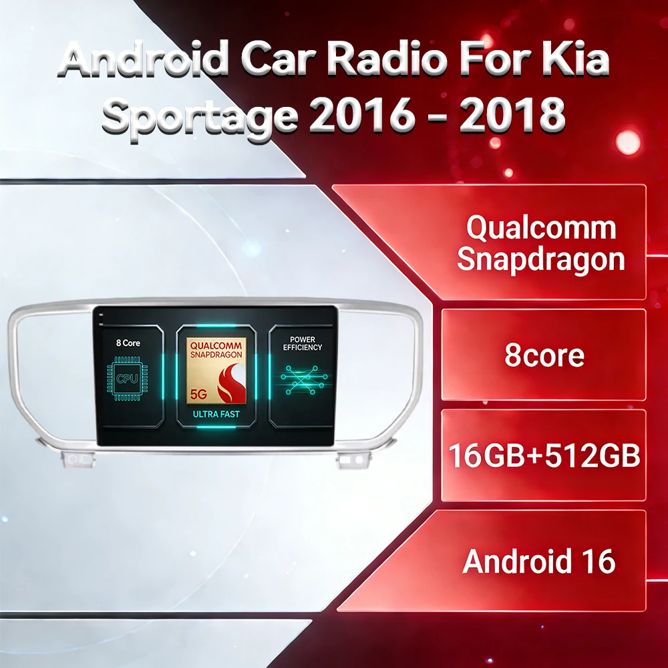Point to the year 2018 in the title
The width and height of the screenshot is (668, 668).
point(512,114)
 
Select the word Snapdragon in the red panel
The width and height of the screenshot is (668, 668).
point(540,260)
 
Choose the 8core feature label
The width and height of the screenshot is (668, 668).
point(544,355)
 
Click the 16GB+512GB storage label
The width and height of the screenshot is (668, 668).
point(544,456)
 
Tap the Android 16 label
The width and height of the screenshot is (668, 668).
point(539,561)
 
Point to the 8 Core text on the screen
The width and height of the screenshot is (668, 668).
point(128,343)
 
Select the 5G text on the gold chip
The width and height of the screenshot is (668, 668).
point(198,395)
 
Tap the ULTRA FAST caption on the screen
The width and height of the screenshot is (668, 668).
point(216,414)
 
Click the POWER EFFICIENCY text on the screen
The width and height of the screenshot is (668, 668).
point(303,343)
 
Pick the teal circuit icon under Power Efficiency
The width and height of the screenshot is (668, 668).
point(304,379)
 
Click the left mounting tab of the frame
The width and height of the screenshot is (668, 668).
point(77,460)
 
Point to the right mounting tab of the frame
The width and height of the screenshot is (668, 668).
point(353,460)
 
